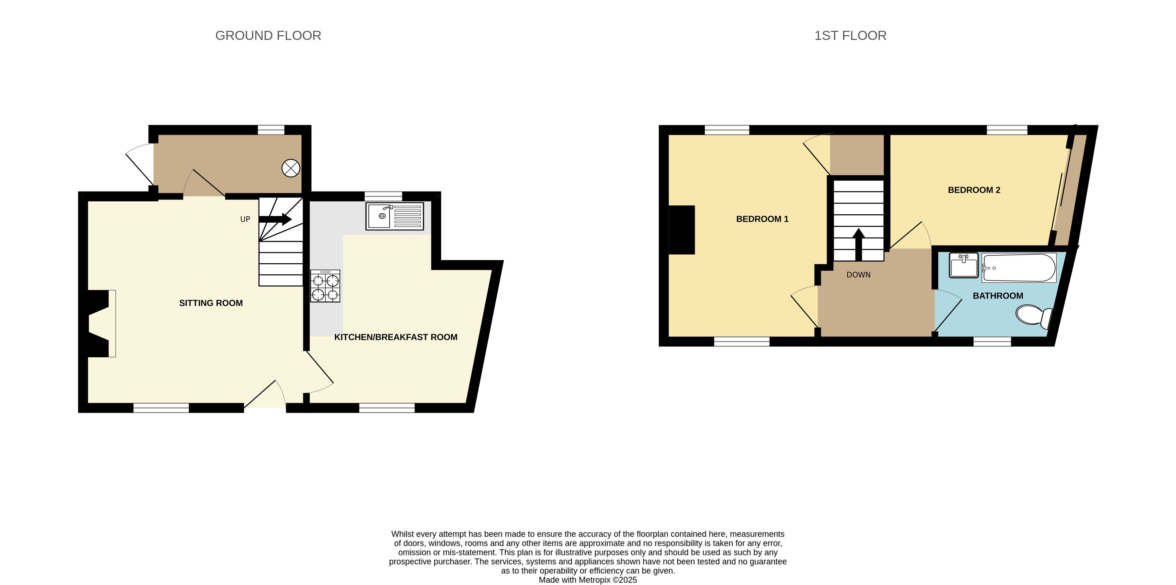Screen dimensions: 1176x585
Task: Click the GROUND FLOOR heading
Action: (x=268, y=36)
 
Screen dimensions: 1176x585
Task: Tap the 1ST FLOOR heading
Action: (x=850, y=36)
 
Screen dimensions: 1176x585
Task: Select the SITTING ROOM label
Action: (x=211, y=303)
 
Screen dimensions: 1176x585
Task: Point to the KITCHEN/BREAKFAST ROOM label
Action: (x=396, y=337)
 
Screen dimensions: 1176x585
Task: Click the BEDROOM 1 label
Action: (x=763, y=219)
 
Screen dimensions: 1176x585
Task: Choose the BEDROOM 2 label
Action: (x=974, y=190)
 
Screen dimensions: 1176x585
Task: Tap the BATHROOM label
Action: (x=998, y=296)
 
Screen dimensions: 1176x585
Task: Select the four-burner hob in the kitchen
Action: (x=325, y=286)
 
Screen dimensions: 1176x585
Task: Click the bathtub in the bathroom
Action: (x=1019, y=268)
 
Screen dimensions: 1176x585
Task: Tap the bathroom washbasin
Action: (x=964, y=265)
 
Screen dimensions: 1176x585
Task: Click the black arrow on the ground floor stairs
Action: (x=275, y=219)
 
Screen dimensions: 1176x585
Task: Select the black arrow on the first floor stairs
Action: (x=859, y=244)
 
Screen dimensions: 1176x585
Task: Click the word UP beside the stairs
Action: (x=245, y=219)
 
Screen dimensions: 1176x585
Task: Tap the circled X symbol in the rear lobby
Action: (x=291, y=168)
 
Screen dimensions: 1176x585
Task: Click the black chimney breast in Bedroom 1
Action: (x=682, y=230)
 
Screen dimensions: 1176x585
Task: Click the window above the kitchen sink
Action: (x=384, y=196)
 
